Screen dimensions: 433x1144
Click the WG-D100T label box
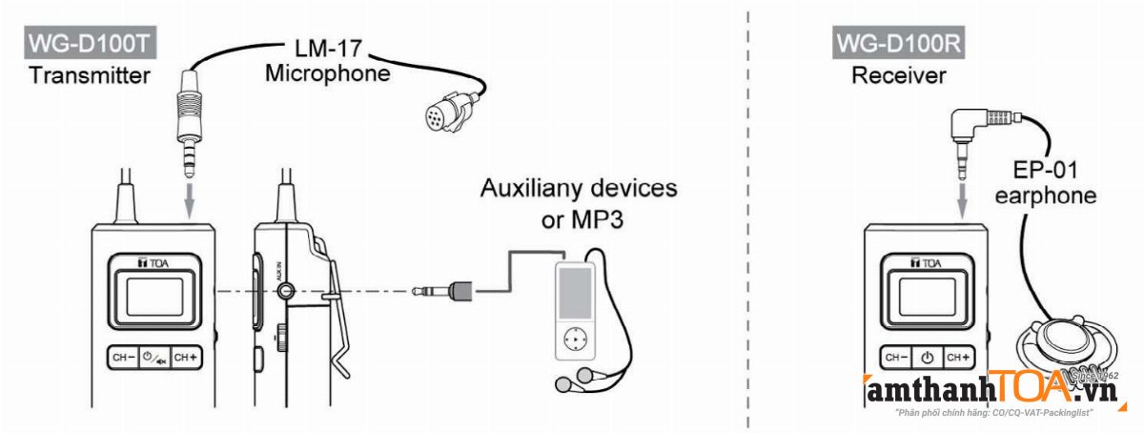(91, 44)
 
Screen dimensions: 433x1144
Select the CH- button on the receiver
(897, 358)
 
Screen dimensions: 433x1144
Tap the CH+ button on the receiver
(957, 358)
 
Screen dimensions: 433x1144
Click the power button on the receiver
(927, 358)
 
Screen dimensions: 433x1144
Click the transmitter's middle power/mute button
(153, 358)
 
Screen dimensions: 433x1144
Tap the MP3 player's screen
(575, 293)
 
